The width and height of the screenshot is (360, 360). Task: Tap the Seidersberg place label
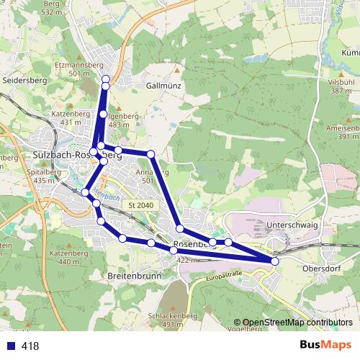point(24,80)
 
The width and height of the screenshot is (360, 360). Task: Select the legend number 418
point(30,346)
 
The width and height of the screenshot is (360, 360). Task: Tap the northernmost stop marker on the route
point(106,79)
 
